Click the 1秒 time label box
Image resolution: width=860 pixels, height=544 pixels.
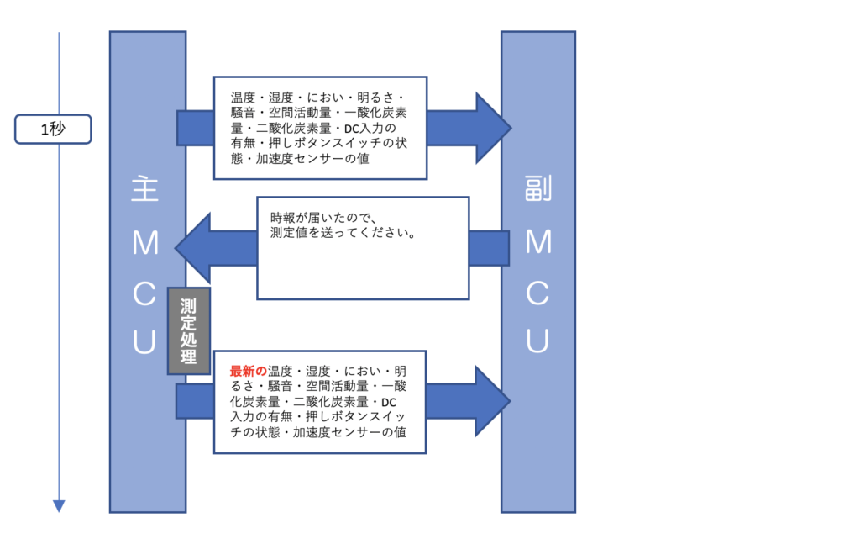pyautogui.click(x=52, y=129)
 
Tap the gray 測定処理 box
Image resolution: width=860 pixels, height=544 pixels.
pyautogui.click(x=188, y=330)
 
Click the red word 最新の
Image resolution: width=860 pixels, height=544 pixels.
pyautogui.click(x=249, y=371)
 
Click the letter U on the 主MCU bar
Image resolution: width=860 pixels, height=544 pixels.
pyautogui.click(x=145, y=341)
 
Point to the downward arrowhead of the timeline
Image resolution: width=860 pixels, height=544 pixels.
pyautogui.click(x=59, y=505)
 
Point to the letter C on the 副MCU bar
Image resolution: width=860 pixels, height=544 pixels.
pyautogui.click(x=538, y=293)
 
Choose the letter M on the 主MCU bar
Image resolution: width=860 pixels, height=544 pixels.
pyautogui.click(x=145, y=243)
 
